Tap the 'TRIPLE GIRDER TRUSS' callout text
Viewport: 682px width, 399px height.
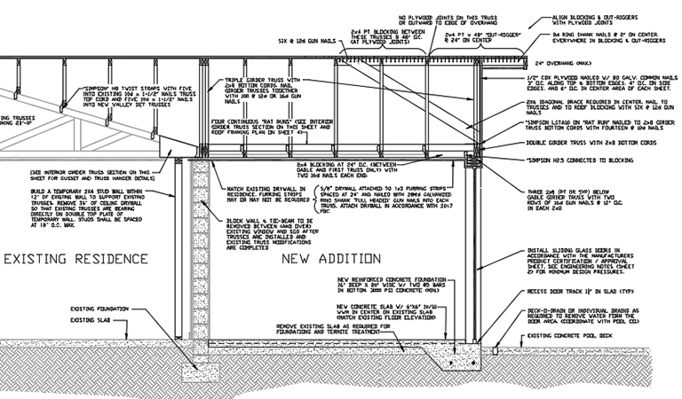(x=267, y=95)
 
